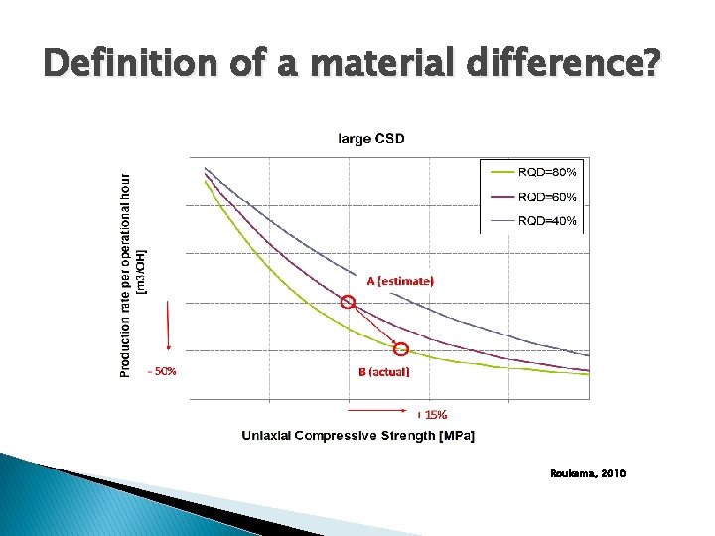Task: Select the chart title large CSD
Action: pos(371,138)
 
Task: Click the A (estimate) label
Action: pos(400,281)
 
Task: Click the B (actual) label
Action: pos(383,372)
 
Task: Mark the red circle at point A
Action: pos(348,302)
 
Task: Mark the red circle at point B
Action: pos(401,349)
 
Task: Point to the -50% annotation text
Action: pos(162,372)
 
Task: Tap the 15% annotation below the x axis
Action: pos(434,414)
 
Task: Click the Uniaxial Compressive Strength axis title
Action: pos(357,436)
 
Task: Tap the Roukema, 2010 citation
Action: pos(588,474)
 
